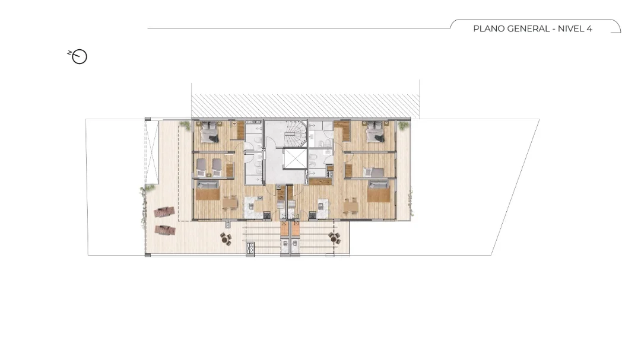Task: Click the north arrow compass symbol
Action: [x=78, y=56]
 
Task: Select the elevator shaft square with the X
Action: [x=294, y=159]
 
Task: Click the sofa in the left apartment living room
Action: [x=208, y=191]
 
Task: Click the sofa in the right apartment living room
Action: [x=378, y=191]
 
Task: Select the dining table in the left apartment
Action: [x=230, y=203]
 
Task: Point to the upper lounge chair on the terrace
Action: [x=164, y=212]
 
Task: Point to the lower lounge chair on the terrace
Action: [x=165, y=230]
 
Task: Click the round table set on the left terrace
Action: [x=226, y=238]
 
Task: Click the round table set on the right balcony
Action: [x=334, y=238]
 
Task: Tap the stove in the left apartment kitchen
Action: [x=266, y=215]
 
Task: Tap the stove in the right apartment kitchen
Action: [x=313, y=215]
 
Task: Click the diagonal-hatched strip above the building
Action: [x=306, y=106]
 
